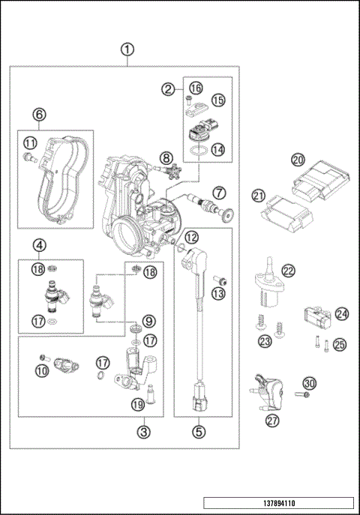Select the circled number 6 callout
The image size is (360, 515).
(x=40, y=115)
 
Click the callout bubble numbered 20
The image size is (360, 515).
(x=298, y=160)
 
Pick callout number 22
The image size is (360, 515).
(x=288, y=271)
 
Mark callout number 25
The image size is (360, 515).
(x=340, y=344)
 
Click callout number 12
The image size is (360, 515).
(x=191, y=237)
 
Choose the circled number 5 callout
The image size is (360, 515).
(x=199, y=431)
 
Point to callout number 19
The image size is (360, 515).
(x=137, y=406)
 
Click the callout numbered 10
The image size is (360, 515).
(x=42, y=370)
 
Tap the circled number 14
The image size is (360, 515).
(x=217, y=149)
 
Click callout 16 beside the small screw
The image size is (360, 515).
(x=196, y=88)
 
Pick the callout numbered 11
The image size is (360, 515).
(x=30, y=142)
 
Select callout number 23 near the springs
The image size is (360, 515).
(x=264, y=342)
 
